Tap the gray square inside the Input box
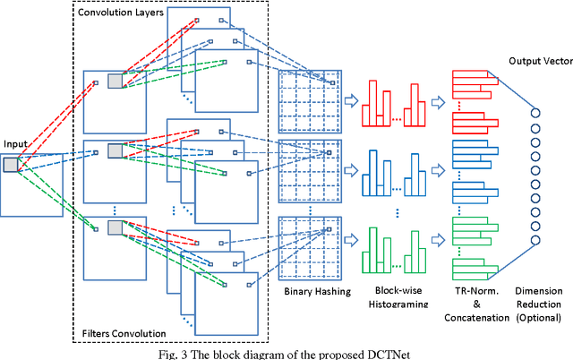[10, 164]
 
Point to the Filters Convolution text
[124, 331]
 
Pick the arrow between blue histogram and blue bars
[438, 167]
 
